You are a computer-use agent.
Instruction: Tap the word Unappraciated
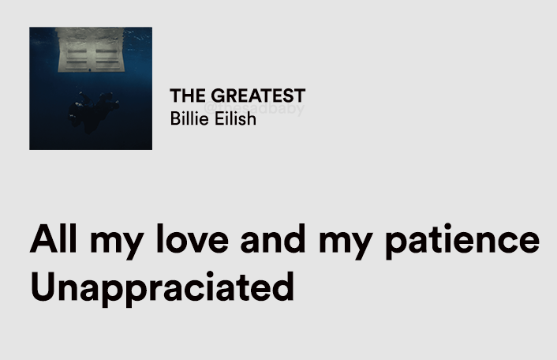(x=162, y=287)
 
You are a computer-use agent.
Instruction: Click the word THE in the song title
(x=187, y=96)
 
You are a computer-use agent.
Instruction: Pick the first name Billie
(x=189, y=118)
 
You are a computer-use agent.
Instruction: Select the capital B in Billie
(x=175, y=118)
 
